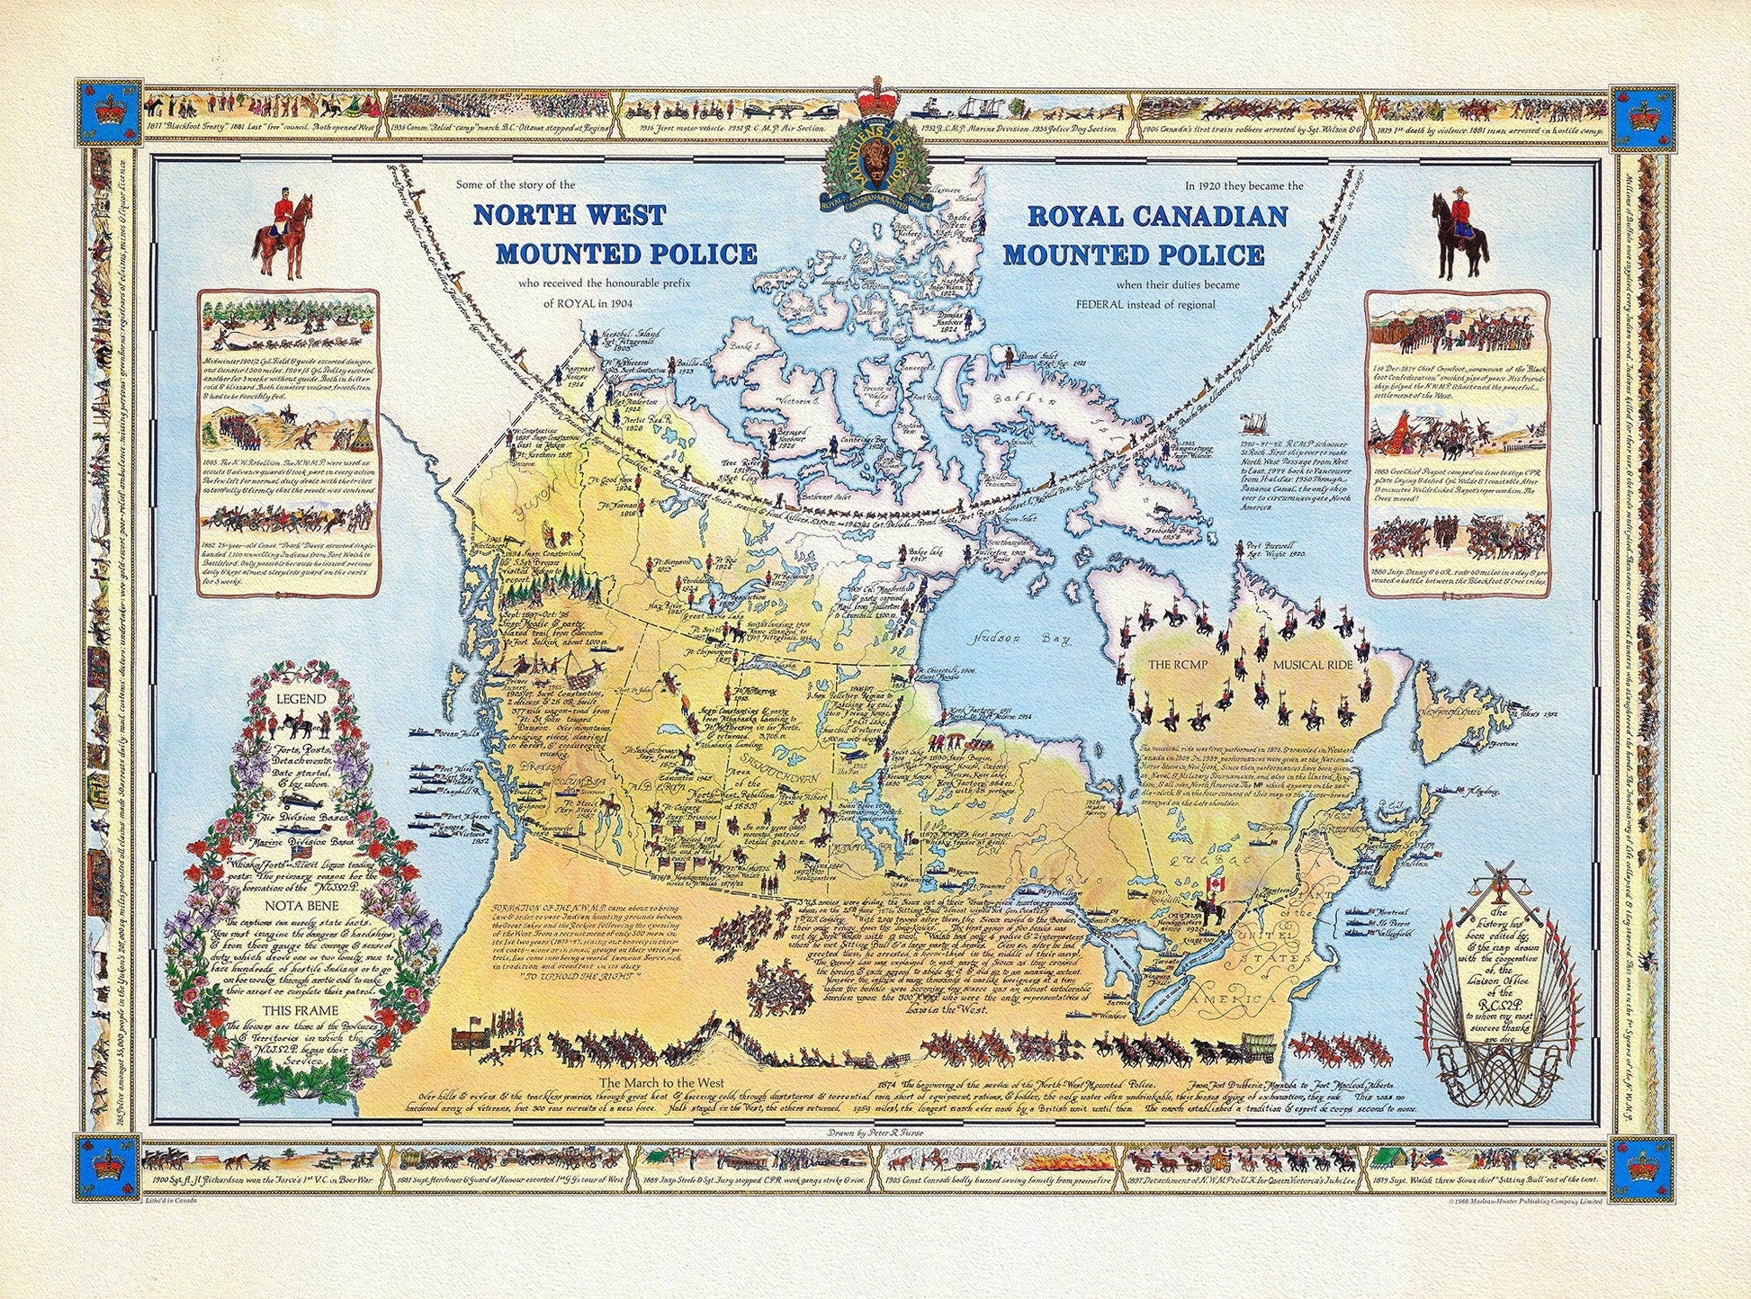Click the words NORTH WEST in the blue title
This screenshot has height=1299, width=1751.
pos(570,216)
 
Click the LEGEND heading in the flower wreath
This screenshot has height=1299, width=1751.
pos(301,699)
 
